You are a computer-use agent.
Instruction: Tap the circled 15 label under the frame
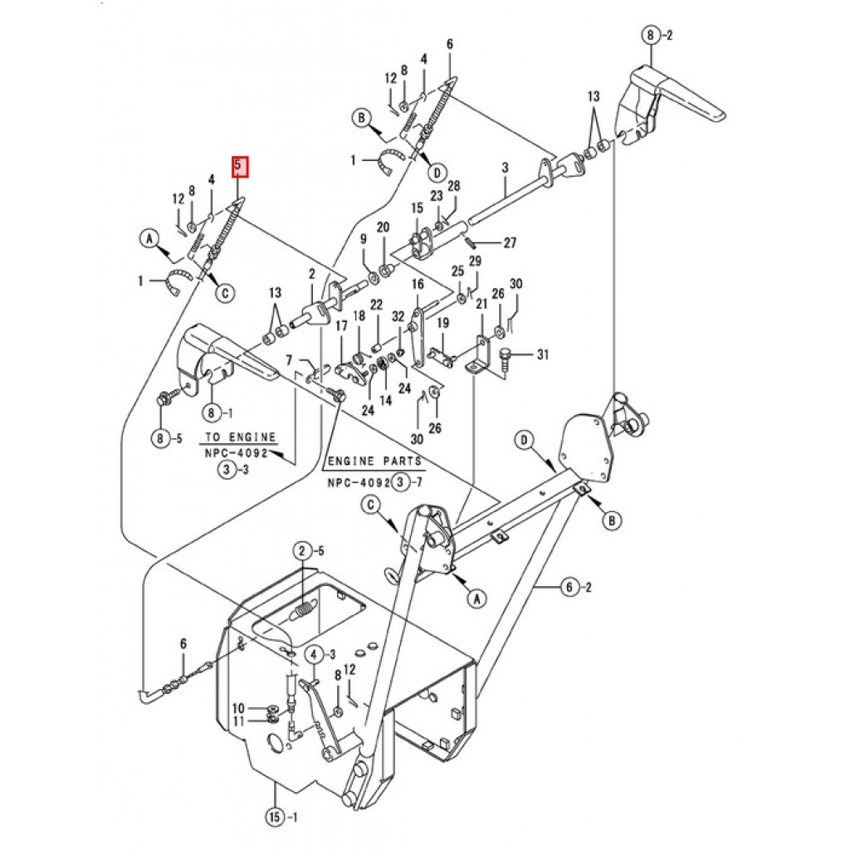pyautogui.click(x=275, y=816)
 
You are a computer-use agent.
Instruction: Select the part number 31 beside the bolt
pyautogui.click(x=543, y=354)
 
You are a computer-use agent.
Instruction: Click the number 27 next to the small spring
pyautogui.click(x=510, y=243)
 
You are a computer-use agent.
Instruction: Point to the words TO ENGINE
pyautogui.click(x=240, y=437)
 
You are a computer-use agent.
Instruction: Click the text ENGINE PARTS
pyautogui.click(x=374, y=462)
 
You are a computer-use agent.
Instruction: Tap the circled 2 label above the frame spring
pyautogui.click(x=302, y=552)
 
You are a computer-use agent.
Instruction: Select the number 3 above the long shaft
pyautogui.click(x=506, y=168)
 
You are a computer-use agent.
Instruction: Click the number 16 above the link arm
pyautogui.click(x=418, y=285)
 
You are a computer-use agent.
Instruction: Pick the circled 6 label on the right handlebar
pyautogui.click(x=569, y=587)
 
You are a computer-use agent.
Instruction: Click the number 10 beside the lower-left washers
pyautogui.click(x=238, y=708)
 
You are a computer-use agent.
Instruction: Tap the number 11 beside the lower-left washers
pyautogui.click(x=238, y=721)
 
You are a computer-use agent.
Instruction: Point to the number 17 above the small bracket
pyautogui.click(x=341, y=325)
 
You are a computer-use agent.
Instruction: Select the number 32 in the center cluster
pyautogui.click(x=398, y=316)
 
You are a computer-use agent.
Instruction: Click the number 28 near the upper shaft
pyautogui.click(x=454, y=186)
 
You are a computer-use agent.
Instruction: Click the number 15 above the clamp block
pyautogui.click(x=417, y=208)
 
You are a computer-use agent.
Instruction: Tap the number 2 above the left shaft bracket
pyautogui.click(x=312, y=274)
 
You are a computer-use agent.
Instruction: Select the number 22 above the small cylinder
pyautogui.click(x=376, y=305)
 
